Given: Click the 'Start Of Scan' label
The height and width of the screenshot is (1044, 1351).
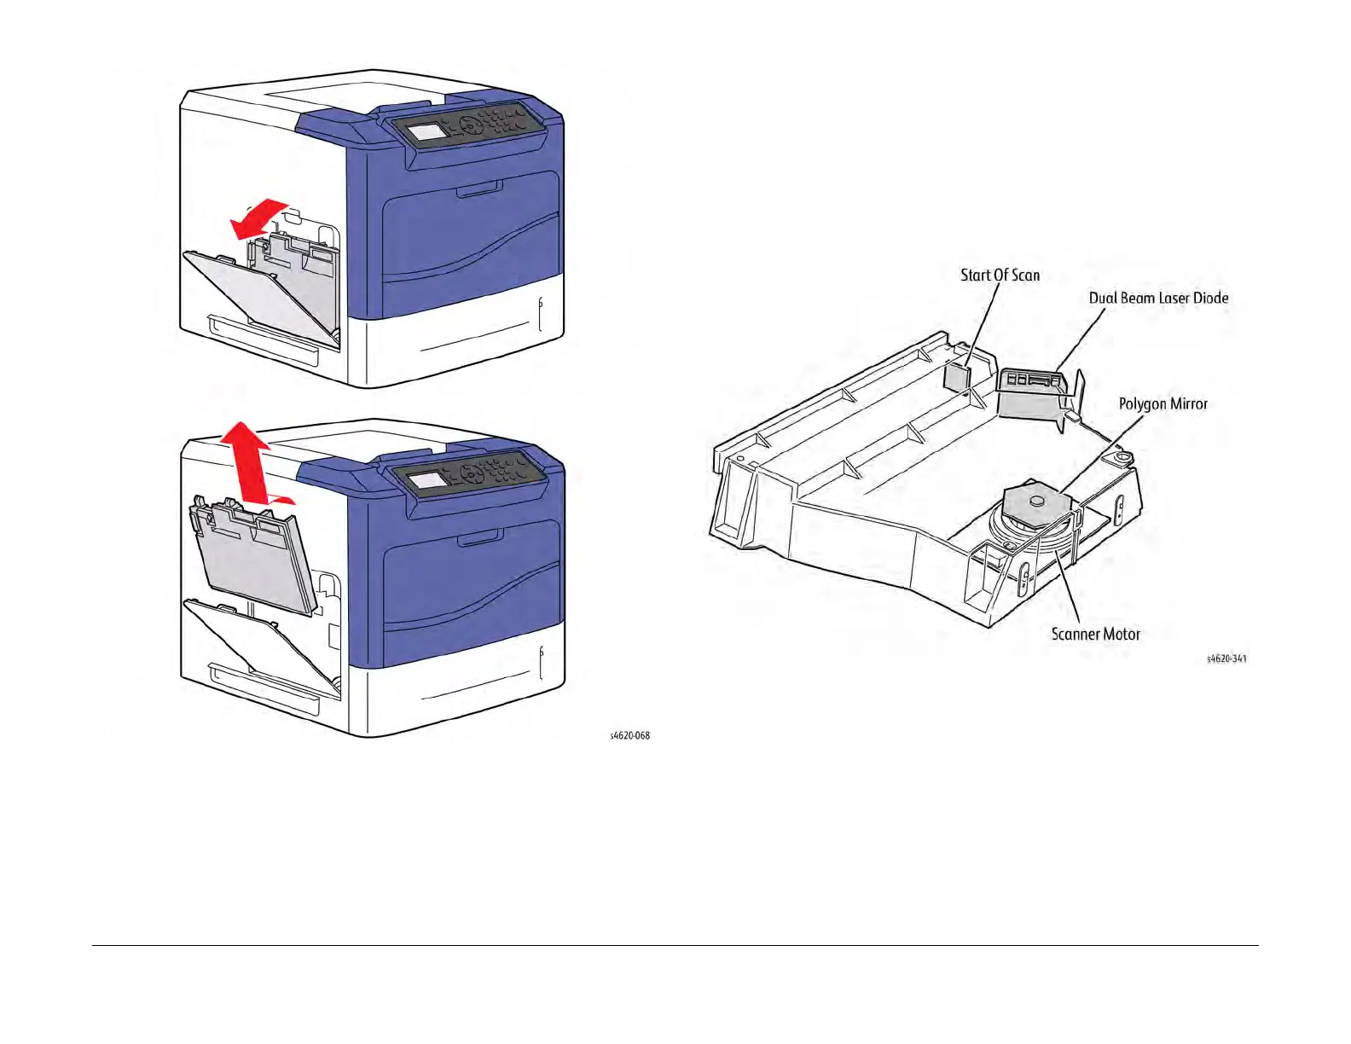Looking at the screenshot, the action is click(1000, 275).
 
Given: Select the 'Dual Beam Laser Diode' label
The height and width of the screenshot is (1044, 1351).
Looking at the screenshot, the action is click(1158, 299).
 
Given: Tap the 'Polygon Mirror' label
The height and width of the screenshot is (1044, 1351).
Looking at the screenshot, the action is click(1163, 404).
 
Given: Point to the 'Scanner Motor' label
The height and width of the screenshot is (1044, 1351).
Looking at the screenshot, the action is click(1095, 635).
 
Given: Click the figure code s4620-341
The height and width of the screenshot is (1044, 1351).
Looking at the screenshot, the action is click(1226, 658).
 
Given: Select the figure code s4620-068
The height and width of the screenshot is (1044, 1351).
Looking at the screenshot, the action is click(629, 735).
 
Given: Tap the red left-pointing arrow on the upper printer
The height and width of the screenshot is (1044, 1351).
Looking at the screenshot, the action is click(258, 218).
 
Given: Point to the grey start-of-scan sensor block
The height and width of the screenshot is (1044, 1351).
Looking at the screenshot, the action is click(958, 376).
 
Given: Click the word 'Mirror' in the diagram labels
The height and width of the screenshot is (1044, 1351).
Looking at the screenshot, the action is click(1186, 404).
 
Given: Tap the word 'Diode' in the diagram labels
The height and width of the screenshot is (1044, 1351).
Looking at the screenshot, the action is click(1210, 299).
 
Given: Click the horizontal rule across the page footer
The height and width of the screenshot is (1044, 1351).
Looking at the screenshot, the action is click(675, 945).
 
